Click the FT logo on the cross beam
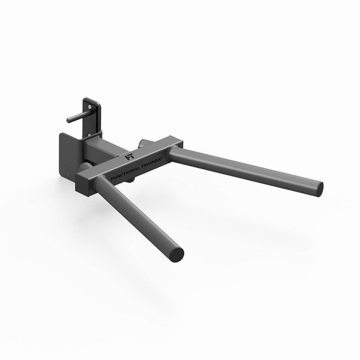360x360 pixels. point(129,158)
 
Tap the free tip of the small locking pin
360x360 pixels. point(69,120)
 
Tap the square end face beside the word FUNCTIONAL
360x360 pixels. point(83,184)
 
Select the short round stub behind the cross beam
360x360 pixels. point(143,144)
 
